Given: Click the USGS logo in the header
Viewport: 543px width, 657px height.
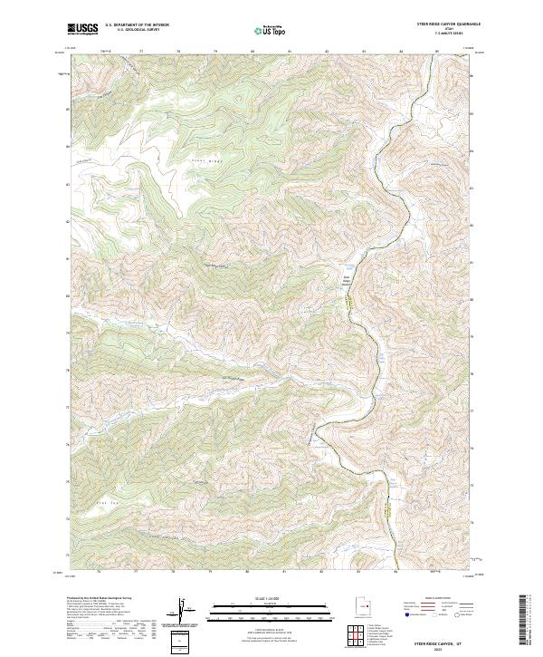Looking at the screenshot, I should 83,29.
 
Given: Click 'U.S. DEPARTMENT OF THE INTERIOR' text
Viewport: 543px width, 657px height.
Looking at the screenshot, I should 138,26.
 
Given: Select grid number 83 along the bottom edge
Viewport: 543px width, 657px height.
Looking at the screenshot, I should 359,572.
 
